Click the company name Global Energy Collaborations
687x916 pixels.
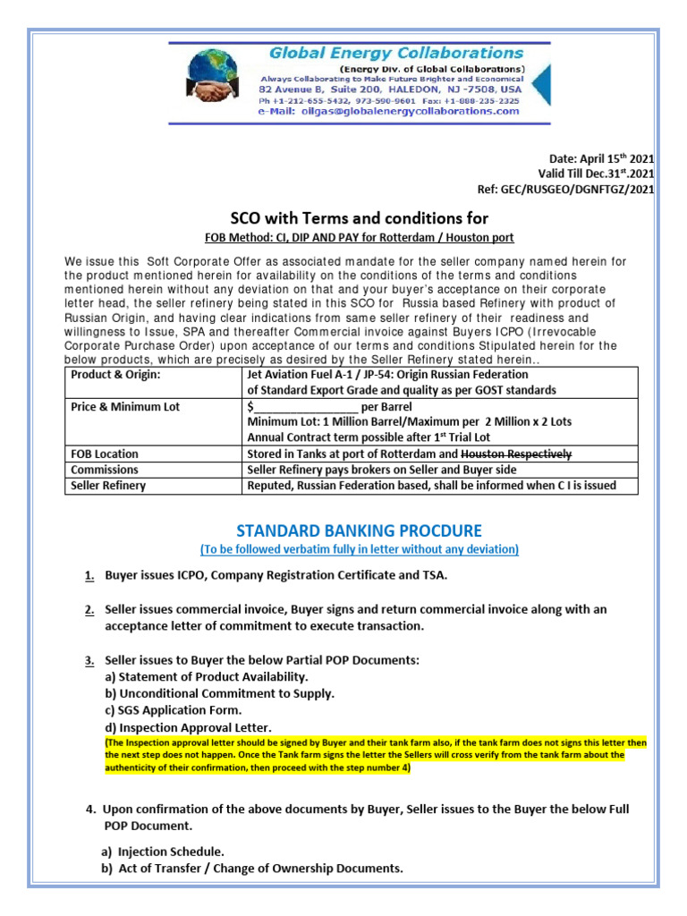coord(396,54)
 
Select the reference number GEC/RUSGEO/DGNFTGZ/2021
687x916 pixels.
coord(567,189)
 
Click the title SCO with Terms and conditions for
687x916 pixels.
coord(360,218)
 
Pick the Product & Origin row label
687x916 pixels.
coord(115,374)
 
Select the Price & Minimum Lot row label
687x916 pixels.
coord(125,406)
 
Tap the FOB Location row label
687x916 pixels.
coord(105,454)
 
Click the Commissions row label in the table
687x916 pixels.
coord(105,469)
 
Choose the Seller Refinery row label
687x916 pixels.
coord(107,486)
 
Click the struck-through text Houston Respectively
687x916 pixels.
coord(515,454)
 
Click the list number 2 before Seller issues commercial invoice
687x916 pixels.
coord(90,609)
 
